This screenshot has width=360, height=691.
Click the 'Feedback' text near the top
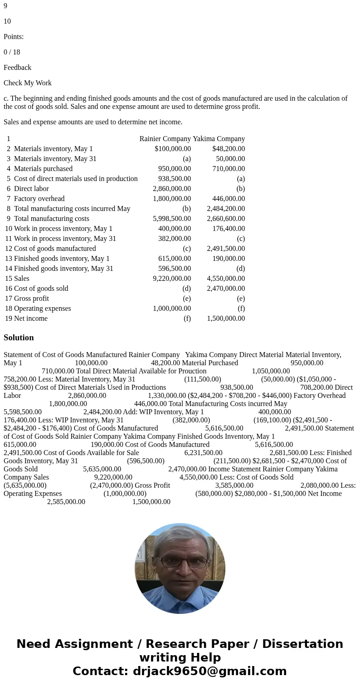click(17, 68)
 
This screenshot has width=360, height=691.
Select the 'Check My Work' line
click(28, 83)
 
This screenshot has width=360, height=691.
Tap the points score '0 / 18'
click(12, 52)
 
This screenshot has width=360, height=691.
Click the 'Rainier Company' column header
click(165, 139)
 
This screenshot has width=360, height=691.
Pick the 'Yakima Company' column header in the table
click(219, 139)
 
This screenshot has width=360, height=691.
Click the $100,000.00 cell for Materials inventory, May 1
click(172, 149)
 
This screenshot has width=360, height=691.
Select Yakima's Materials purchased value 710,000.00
click(229, 169)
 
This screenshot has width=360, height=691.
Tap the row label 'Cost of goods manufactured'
click(55, 249)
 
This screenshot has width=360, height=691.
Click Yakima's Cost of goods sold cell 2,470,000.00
click(226, 289)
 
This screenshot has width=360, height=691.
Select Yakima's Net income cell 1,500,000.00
click(226, 319)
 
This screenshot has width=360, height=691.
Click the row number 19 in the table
click(9, 319)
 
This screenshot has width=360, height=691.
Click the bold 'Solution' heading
click(19, 338)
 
